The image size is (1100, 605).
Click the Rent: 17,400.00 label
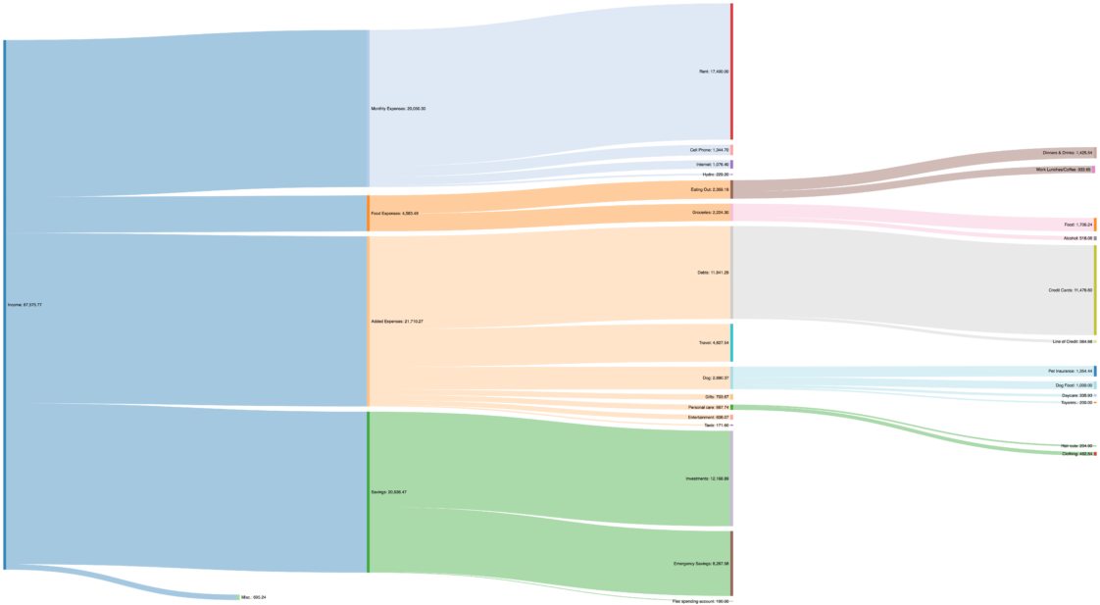[713, 72]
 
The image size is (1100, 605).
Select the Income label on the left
[25, 305]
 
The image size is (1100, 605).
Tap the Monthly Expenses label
[398, 109]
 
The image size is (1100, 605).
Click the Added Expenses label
[397, 322]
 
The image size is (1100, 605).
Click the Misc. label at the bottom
[253, 597]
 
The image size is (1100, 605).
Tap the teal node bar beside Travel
[731, 343]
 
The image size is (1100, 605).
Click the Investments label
[707, 479]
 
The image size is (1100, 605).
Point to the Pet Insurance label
[1070, 372]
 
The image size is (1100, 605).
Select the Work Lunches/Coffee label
[1064, 170]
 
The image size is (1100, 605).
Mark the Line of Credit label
[1072, 341]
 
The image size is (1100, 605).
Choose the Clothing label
[1076, 454]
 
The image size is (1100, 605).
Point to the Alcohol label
[1077, 238]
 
